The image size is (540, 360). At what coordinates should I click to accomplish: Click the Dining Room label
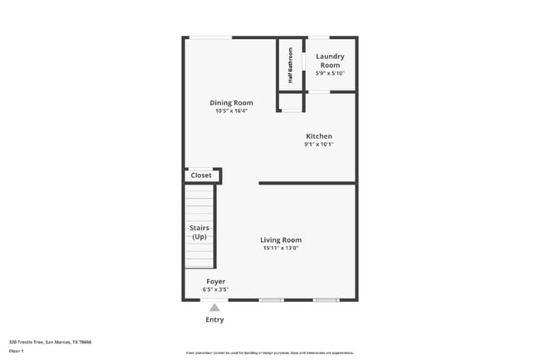click(x=231, y=102)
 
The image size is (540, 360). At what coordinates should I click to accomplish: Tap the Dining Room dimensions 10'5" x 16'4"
click(x=231, y=111)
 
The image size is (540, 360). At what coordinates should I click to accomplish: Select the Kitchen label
click(x=319, y=136)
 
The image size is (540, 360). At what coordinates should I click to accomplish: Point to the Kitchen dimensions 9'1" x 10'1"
click(x=319, y=145)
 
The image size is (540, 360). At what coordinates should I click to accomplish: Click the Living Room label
click(x=281, y=239)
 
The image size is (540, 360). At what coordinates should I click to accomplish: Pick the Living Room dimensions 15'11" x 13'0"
click(x=281, y=248)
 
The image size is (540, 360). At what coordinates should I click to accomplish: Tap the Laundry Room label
click(x=330, y=61)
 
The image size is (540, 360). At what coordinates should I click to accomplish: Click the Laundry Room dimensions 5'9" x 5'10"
click(x=330, y=73)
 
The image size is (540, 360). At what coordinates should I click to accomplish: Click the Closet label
click(x=201, y=175)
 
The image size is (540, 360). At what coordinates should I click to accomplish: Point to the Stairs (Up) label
click(x=199, y=232)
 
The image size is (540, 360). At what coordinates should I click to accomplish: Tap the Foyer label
click(x=216, y=282)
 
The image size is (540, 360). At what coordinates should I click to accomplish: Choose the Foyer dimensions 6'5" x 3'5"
click(x=216, y=289)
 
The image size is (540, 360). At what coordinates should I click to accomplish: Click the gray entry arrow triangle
click(x=214, y=308)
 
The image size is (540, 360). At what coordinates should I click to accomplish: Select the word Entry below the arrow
click(x=214, y=319)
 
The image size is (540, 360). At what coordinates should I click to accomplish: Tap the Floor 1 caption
click(x=16, y=351)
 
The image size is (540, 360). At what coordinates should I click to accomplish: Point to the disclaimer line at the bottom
click(x=269, y=353)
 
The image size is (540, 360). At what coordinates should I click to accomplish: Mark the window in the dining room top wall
click(x=210, y=37)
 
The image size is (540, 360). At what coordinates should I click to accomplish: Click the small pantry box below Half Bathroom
click(x=291, y=103)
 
